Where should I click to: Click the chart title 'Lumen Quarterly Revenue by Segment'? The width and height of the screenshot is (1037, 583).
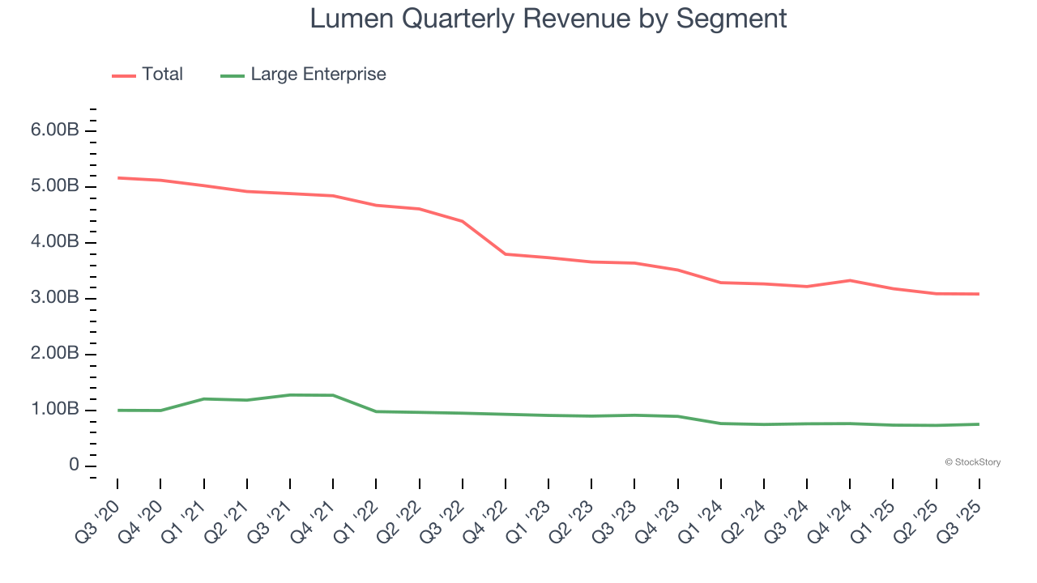pos(548,19)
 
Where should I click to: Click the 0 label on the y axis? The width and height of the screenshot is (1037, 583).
pos(74,466)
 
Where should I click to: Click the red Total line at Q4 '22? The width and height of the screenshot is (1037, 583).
pos(506,254)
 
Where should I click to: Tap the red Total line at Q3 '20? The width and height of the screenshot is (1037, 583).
pos(118,177)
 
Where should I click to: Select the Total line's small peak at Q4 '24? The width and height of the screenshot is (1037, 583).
pos(850,280)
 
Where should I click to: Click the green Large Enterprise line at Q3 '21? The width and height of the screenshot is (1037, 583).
pos(290,395)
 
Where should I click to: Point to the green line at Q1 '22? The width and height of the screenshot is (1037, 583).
pos(376,411)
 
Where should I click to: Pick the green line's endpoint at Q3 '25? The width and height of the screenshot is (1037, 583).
pos(979,424)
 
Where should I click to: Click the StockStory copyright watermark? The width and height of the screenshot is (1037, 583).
pos(972,462)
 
